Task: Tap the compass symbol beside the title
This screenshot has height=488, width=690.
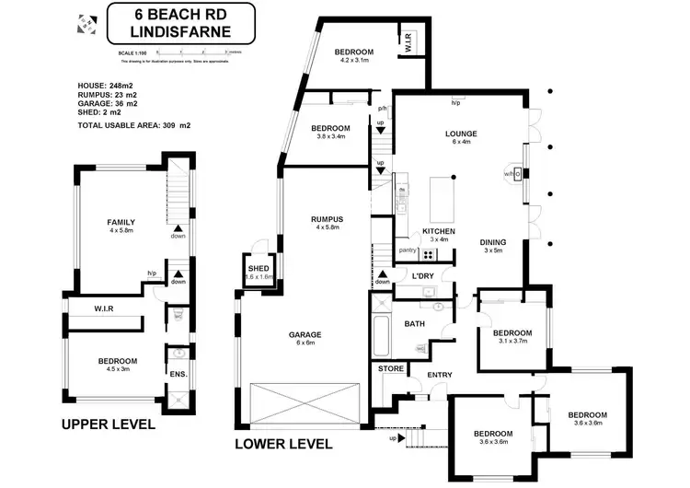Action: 86,24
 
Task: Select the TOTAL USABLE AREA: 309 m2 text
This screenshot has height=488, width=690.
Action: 141,124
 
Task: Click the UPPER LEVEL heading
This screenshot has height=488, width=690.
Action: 108,425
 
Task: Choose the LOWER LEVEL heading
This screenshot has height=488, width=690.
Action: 283,444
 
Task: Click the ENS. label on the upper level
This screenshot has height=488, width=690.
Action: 177,375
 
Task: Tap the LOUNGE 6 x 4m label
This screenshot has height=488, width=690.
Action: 460,138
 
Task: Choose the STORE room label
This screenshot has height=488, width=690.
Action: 391,368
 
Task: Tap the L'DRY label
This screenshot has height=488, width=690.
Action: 422,276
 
